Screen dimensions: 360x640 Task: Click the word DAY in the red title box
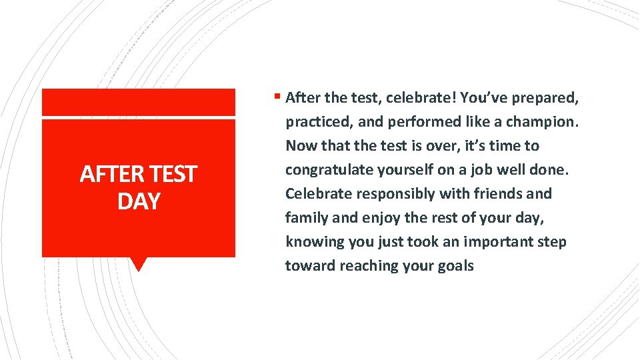pos(139,201)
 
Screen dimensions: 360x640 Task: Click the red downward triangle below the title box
pos(139,264)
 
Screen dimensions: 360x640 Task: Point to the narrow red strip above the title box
pos(139,102)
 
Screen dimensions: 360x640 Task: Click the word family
pos(304,218)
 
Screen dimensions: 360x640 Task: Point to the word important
pos(493,242)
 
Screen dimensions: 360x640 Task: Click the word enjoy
pos(381,218)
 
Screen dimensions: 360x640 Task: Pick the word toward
pos(310,266)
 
